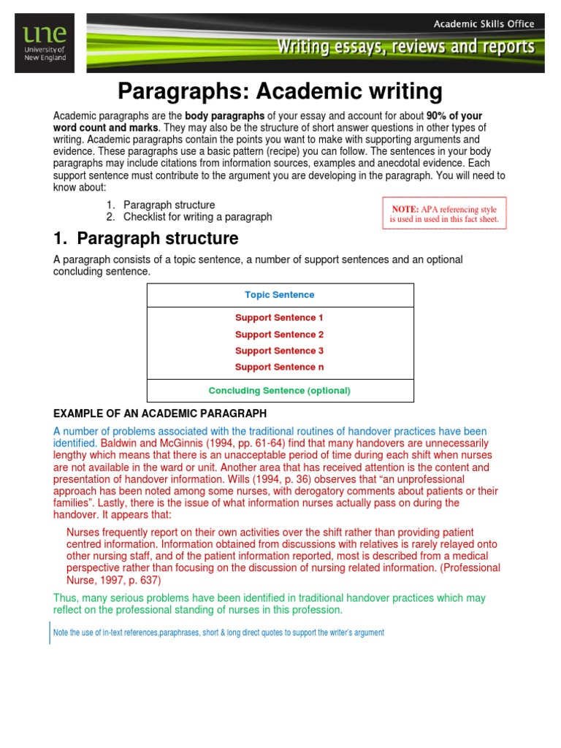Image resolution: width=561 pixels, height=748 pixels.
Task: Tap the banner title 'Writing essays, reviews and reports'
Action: pos(416,48)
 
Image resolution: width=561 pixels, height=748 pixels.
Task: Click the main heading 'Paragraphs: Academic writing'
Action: pos(280,92)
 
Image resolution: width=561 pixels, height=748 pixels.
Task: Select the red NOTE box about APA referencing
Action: pos(444,213)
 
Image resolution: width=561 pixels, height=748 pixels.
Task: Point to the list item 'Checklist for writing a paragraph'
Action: pos(197,217)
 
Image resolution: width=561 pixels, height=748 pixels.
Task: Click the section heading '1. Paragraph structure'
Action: pos(146,239)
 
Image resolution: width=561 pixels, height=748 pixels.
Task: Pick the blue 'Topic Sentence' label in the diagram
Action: pos(280,295)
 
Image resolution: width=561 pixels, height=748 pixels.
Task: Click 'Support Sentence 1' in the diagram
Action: pos(279,318)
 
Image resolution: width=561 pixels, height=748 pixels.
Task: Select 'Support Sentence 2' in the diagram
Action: pos(279,335)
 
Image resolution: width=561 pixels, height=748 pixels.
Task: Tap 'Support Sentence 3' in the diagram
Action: pos(279,351)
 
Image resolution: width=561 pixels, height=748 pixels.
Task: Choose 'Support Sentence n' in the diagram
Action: pos(279,367)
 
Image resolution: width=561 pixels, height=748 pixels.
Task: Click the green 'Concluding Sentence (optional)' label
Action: pos(279,391)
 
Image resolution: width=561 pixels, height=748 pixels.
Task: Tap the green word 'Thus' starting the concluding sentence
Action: pos(66,598)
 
